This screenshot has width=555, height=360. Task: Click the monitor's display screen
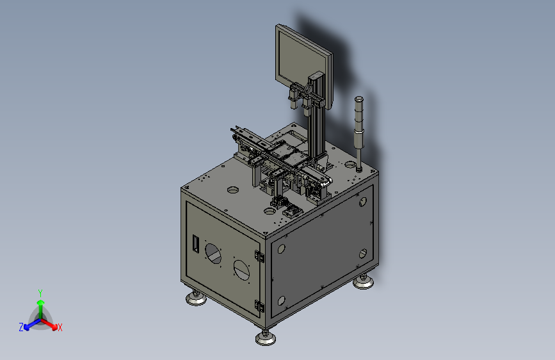pos(302,60)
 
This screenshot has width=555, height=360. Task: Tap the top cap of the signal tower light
pos(358,99)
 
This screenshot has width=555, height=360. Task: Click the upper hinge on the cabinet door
pos(259,256)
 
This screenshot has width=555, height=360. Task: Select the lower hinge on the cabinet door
pos(259,306)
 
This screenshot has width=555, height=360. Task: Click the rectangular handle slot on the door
pos(195,244)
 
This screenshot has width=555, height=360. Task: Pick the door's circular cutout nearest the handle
pos(213,253)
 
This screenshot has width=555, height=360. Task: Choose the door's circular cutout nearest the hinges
pos(241,270)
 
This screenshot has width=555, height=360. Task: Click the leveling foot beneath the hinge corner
pos(266,338)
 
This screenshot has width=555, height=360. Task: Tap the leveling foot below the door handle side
pos(196,298)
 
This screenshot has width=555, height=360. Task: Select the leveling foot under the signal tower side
pos(363,282)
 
